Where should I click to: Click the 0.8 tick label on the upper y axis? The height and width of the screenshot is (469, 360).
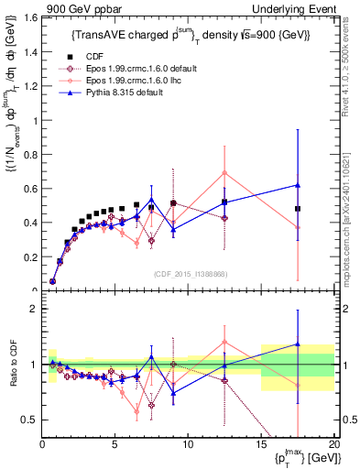point(30,154)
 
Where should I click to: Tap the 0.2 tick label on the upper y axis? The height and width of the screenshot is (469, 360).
point(30,257)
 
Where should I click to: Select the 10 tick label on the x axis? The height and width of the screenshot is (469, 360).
point(188,443)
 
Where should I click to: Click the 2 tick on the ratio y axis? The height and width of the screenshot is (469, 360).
point(34,310)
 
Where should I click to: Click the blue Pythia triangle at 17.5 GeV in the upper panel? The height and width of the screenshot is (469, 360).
point(298,185)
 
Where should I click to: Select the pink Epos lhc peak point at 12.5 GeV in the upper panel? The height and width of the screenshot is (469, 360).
point(224,172)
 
